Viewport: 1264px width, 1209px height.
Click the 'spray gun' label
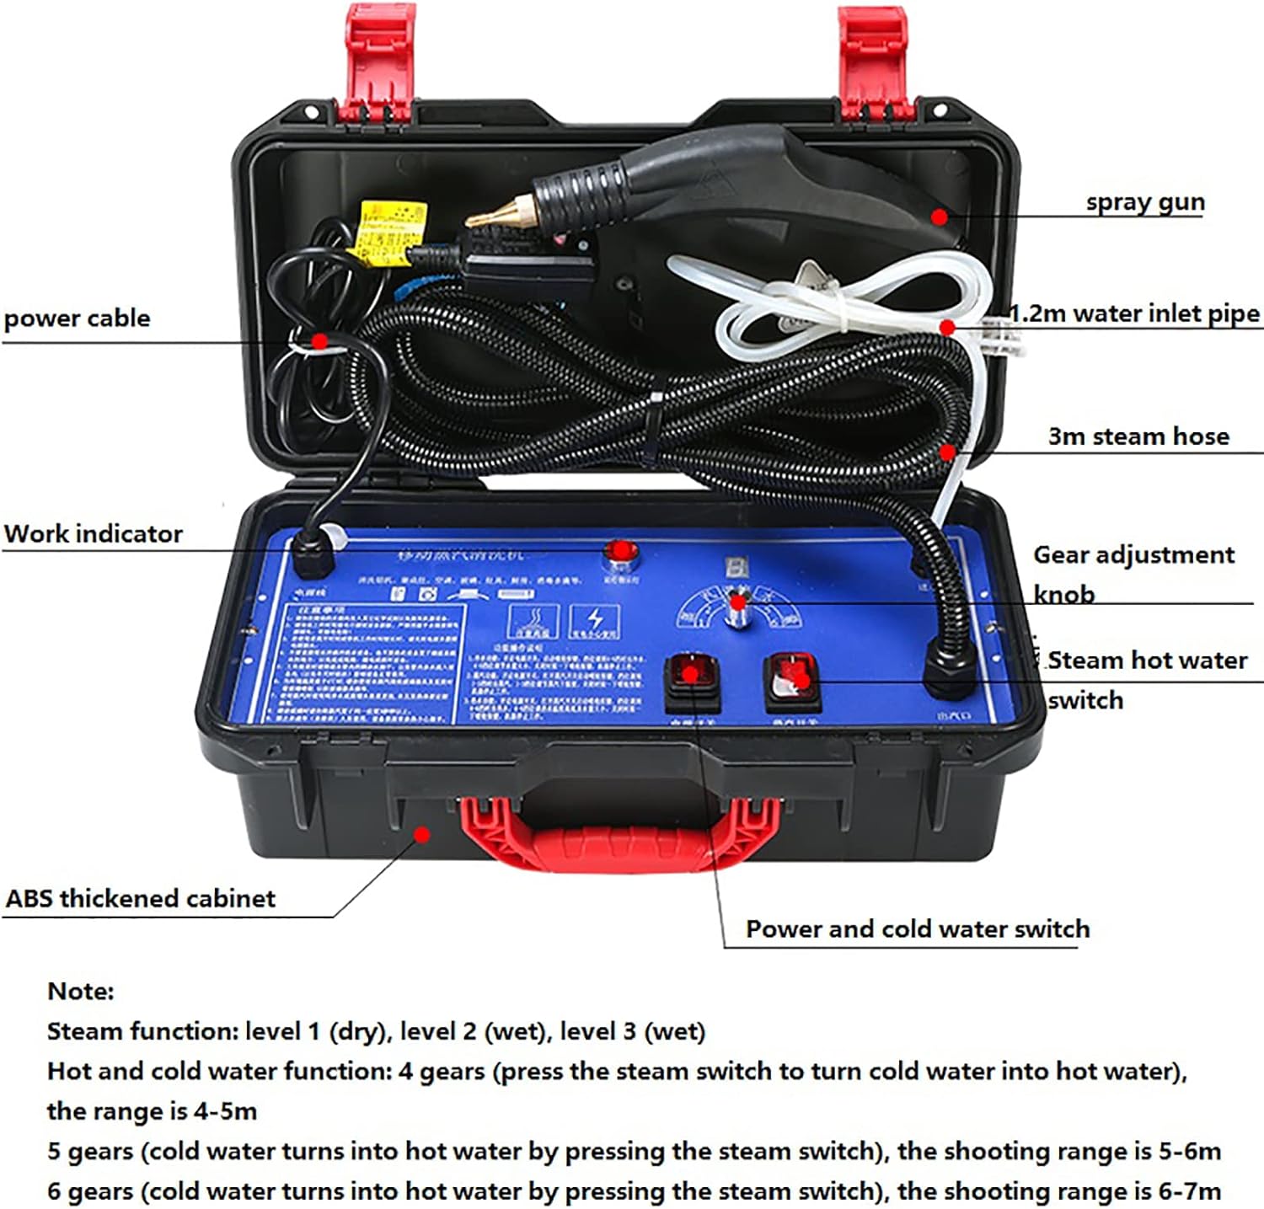tap(1144, 202)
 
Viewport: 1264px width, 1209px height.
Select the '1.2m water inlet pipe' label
tap(1134, 313)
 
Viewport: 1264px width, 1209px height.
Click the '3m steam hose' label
tap(1138, 436)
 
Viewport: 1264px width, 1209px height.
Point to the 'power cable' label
tap(77, 318)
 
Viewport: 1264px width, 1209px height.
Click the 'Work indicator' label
tap(93, 534)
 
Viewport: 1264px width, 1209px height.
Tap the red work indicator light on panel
tap(622, 553)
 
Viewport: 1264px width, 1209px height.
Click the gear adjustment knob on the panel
tap(736, 608)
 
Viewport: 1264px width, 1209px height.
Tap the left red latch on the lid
tap(378, 59)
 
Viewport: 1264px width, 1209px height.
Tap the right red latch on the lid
tap(875, 59)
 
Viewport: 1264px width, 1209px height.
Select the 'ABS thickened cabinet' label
tap(140, 898)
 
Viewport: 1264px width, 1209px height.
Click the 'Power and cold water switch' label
tap(917, 928)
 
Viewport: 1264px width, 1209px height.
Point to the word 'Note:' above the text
tap(81, 991)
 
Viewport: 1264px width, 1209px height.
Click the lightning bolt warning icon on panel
tap(595, 622)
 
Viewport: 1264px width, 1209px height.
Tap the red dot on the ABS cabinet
tap(422, 834)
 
